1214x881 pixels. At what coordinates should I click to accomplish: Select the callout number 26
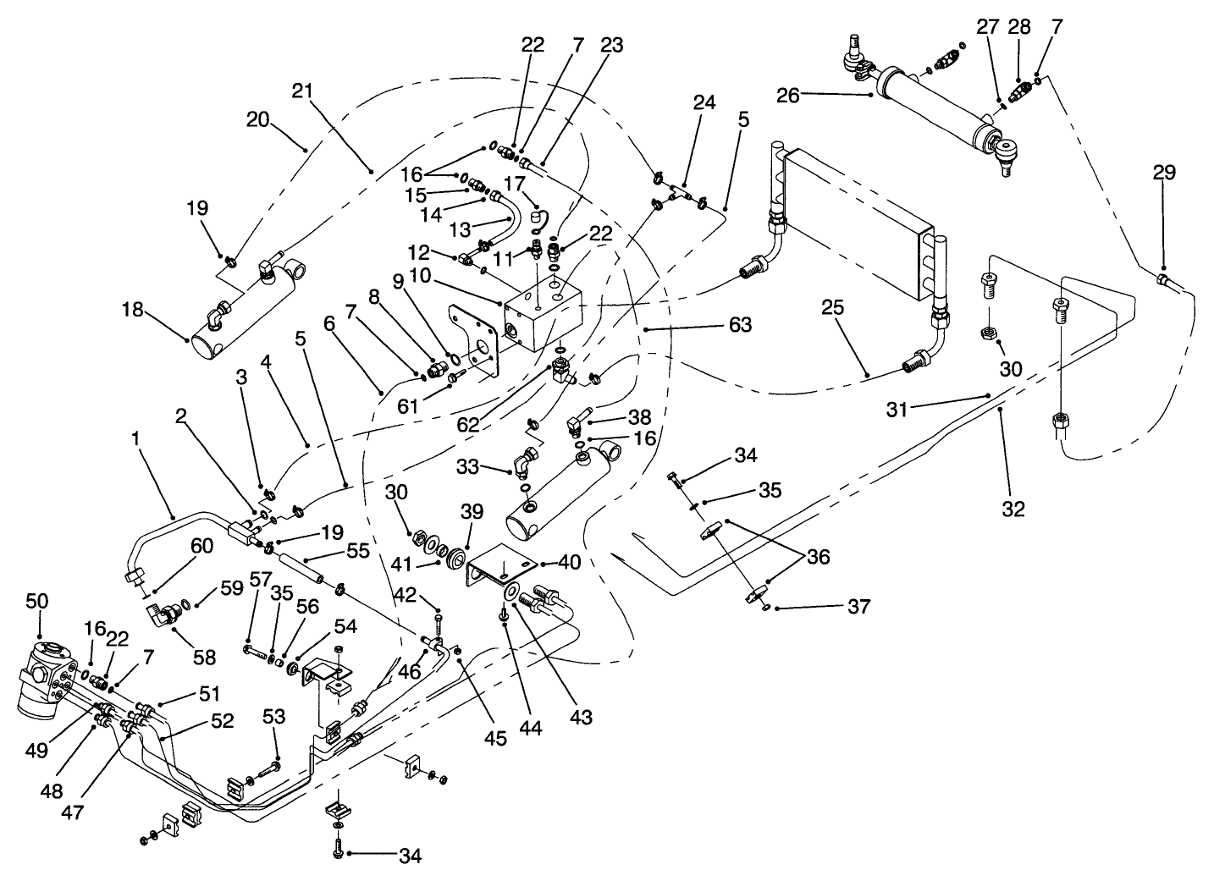788,95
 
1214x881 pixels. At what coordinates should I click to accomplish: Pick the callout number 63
739,324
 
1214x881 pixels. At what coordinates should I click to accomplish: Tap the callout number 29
1164,173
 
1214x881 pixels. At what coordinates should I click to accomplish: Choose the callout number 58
205,657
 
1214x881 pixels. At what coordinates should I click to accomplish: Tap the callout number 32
1013,509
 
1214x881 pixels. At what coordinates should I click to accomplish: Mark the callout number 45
495,738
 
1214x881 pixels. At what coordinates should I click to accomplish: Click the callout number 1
135,439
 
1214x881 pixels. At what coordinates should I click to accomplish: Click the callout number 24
704,102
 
